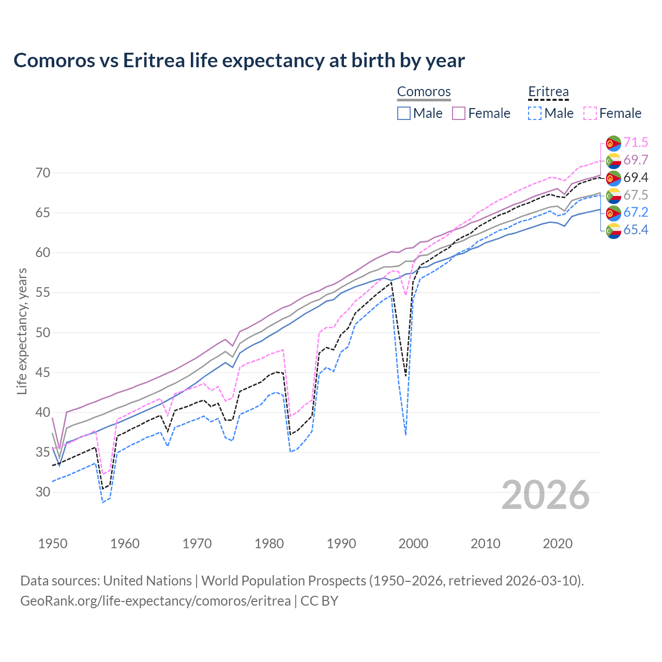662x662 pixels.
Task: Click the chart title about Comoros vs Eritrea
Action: (239, 61)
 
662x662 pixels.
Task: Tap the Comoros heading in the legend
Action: (424, 92)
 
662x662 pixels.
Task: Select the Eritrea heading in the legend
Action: (548, 92)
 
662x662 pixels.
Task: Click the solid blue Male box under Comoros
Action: (404, 113)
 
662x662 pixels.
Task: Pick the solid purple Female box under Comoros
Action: (459, 113)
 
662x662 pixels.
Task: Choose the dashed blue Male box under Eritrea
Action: (535, 113)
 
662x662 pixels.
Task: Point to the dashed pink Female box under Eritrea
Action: (590, 113)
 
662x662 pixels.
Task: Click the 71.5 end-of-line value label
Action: (636, 142)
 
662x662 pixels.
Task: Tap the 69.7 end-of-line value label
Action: (636, 160)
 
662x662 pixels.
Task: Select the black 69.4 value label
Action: (636, 177)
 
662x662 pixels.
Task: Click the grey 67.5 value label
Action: (636, 195)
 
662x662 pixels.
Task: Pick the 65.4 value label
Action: (636, 230)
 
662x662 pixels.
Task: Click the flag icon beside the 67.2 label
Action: (613, 213)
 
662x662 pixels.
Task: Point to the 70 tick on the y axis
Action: (43, 173)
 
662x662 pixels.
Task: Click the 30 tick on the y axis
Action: (43, 492)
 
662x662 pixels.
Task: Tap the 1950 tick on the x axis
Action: (53, 544)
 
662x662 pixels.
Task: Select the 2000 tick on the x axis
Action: (413, 544)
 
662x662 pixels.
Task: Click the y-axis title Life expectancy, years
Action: (22, 331)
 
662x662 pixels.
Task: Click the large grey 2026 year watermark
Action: (545, 495)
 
